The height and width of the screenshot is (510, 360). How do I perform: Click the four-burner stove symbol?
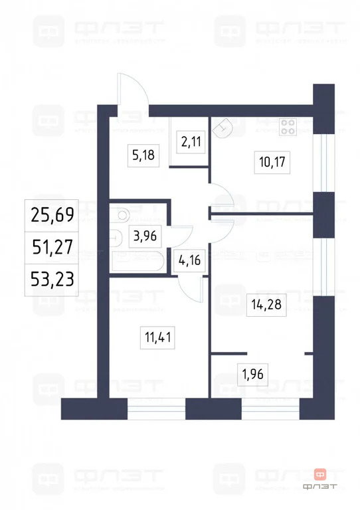point(288,126)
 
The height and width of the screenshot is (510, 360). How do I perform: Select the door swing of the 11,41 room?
point(191,288)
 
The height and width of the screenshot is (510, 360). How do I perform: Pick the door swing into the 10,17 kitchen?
point(222,195)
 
